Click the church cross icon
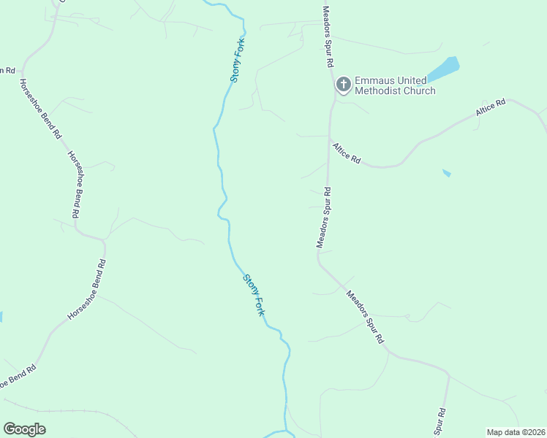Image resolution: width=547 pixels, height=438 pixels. (x=342, y=85)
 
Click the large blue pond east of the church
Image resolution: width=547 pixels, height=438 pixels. (x=444, y=69)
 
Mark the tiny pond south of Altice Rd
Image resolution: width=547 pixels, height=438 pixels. (x=447, y=173)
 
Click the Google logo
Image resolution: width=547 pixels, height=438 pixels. (x=24, y=429)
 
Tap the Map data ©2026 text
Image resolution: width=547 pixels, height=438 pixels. (x=516, y=431)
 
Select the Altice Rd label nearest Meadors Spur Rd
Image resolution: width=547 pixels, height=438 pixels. (x=347, y=153)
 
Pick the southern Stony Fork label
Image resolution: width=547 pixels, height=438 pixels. (x=254, y=295)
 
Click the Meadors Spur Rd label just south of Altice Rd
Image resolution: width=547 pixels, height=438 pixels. (x=324, y=218)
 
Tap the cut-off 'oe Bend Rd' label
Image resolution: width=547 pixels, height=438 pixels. (x=17, y=378)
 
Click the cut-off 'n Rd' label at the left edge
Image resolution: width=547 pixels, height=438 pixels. (x=7, y=70)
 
